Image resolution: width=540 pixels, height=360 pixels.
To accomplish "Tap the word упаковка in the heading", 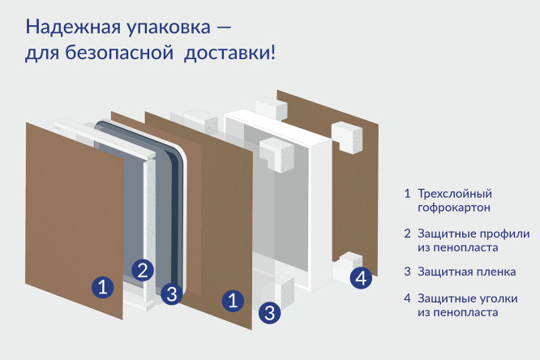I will [x=150, y=27].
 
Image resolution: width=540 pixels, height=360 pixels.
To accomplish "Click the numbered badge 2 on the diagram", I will [x=143, y=270].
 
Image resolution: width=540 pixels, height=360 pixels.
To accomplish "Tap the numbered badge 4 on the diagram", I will [x=362, y=278].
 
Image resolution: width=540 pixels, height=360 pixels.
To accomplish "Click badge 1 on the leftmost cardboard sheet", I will [x=101, y=286].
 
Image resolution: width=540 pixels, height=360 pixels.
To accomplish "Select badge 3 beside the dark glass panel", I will [x=170, y=294].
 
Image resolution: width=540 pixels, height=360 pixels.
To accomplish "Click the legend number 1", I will [x=407, y=194].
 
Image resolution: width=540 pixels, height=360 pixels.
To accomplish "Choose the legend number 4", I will [x=407, y=298].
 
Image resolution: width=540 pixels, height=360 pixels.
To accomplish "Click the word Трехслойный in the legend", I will [x=455, y=194].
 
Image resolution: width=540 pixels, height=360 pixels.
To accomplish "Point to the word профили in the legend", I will [x=504, y=233].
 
